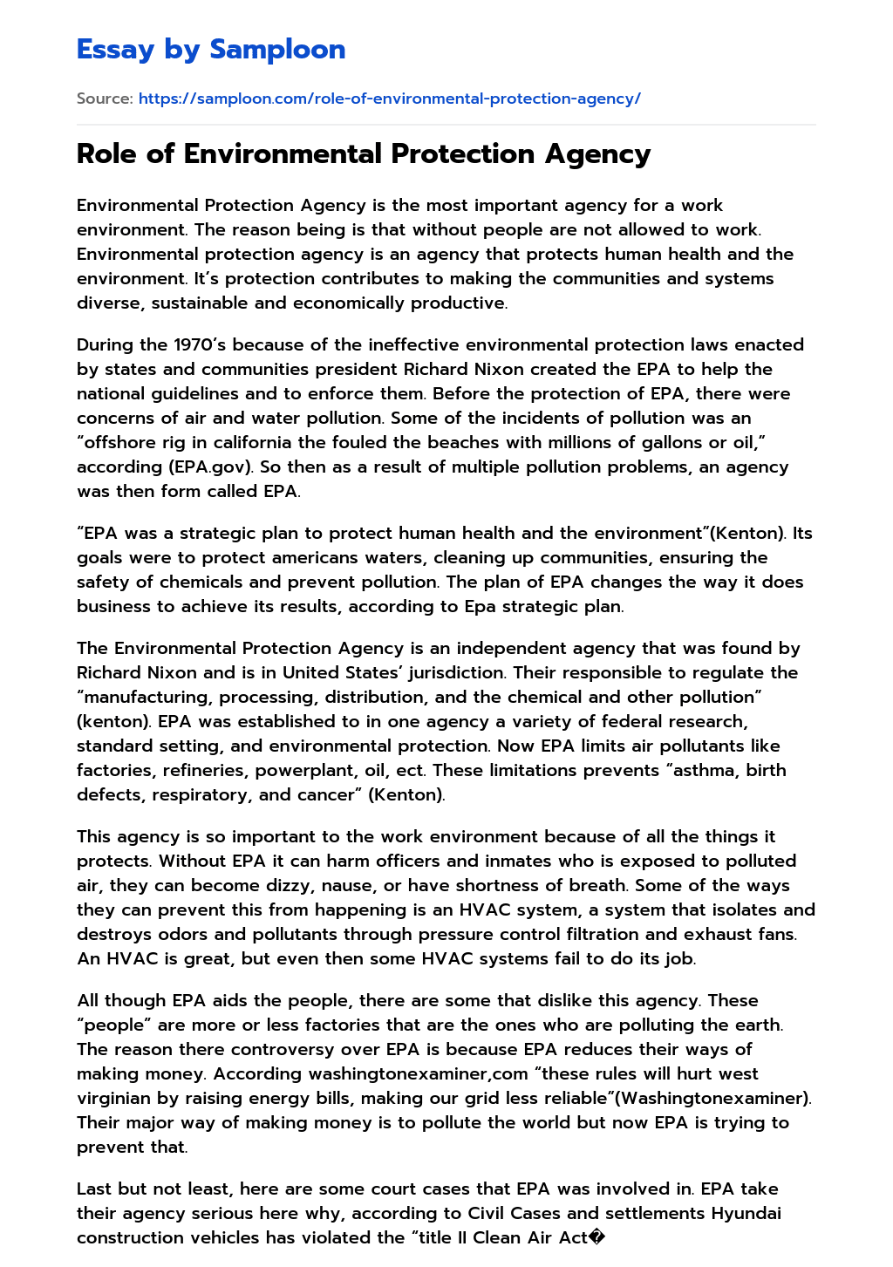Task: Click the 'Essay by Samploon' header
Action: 211,49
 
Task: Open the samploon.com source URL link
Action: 389,99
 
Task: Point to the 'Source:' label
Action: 105,99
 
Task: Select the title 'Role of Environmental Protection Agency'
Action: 364,153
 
